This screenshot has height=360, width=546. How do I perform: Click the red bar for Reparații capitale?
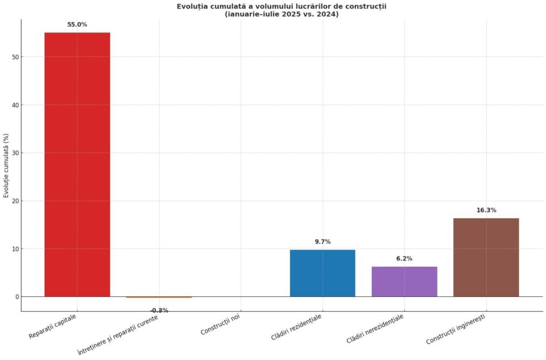(x=77, y=164)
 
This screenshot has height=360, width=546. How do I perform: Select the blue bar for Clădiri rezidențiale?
(x=322, y=273)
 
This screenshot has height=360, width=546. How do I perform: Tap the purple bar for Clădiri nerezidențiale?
(x=404, y=281)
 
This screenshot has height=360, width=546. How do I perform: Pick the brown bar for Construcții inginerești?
(x=486, y=257)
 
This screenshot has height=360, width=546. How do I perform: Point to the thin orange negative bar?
(x=159, y=297)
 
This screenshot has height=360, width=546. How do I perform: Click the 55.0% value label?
(x=77, y=24)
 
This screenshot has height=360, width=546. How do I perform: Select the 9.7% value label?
(x=322, y=242)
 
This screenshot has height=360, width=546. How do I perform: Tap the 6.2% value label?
(x=404, y=259)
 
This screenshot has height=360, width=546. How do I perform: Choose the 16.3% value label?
(x=486, y=210)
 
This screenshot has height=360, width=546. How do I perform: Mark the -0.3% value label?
(x=159, y=311)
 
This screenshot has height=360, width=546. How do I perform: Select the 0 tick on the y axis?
(x=16, y=297)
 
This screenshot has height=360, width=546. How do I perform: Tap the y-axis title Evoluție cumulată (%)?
(x=6, y=165)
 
